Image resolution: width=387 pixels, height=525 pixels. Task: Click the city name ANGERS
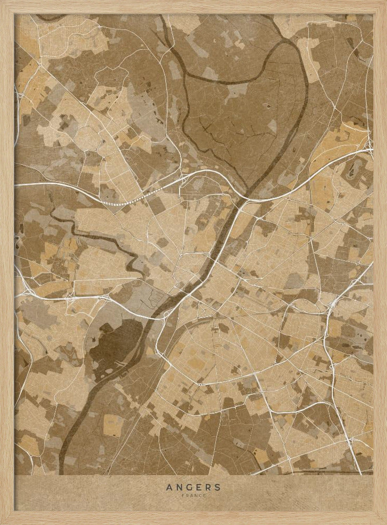point(193,487)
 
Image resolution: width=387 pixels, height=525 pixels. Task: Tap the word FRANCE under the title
point(193,495)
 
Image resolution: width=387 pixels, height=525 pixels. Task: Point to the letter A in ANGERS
point(169,487)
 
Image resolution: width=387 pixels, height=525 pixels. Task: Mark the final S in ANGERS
point(217,487)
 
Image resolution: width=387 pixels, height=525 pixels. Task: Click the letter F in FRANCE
point(183,495)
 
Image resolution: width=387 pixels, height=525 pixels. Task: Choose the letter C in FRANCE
point(200,495)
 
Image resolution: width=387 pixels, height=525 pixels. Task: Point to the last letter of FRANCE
point(204,495)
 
